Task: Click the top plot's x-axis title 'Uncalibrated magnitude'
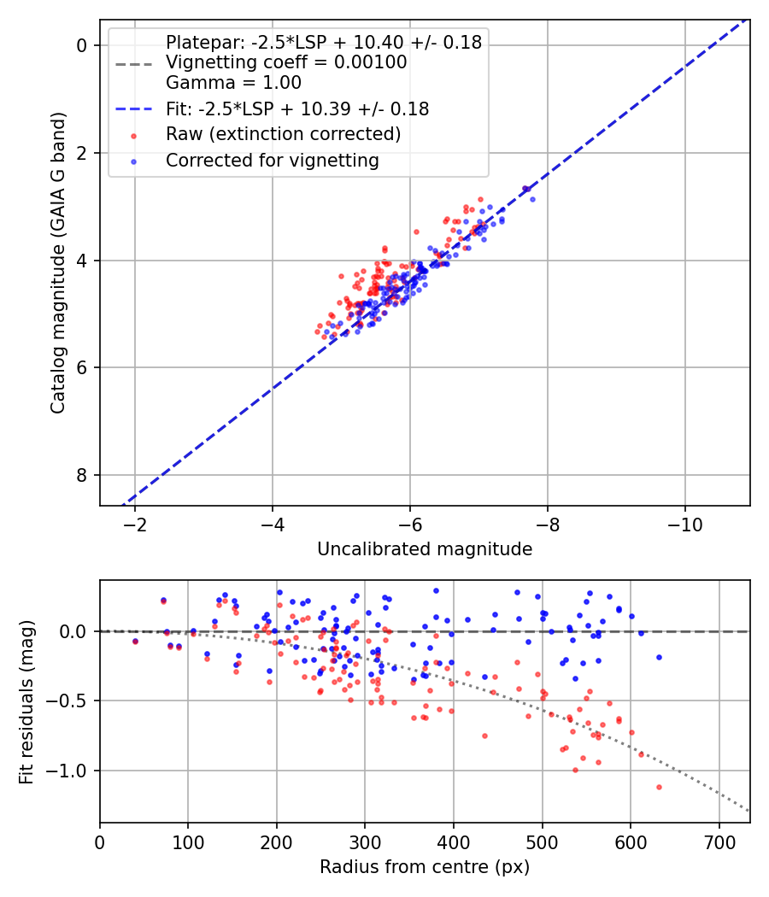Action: [425, 549]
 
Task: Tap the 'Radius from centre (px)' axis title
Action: [425, 867]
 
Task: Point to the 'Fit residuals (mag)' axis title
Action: [26, 701]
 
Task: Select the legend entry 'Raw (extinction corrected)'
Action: [283, 134]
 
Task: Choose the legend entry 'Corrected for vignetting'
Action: [273, 160]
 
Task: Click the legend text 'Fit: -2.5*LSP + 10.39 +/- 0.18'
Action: [297, 108]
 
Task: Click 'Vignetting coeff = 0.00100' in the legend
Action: [286, 62]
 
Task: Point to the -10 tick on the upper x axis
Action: [684, 523]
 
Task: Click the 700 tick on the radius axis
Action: [719, 841]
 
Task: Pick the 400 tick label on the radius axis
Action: [454, 841]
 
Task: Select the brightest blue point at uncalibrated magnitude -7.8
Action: [532, 199]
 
